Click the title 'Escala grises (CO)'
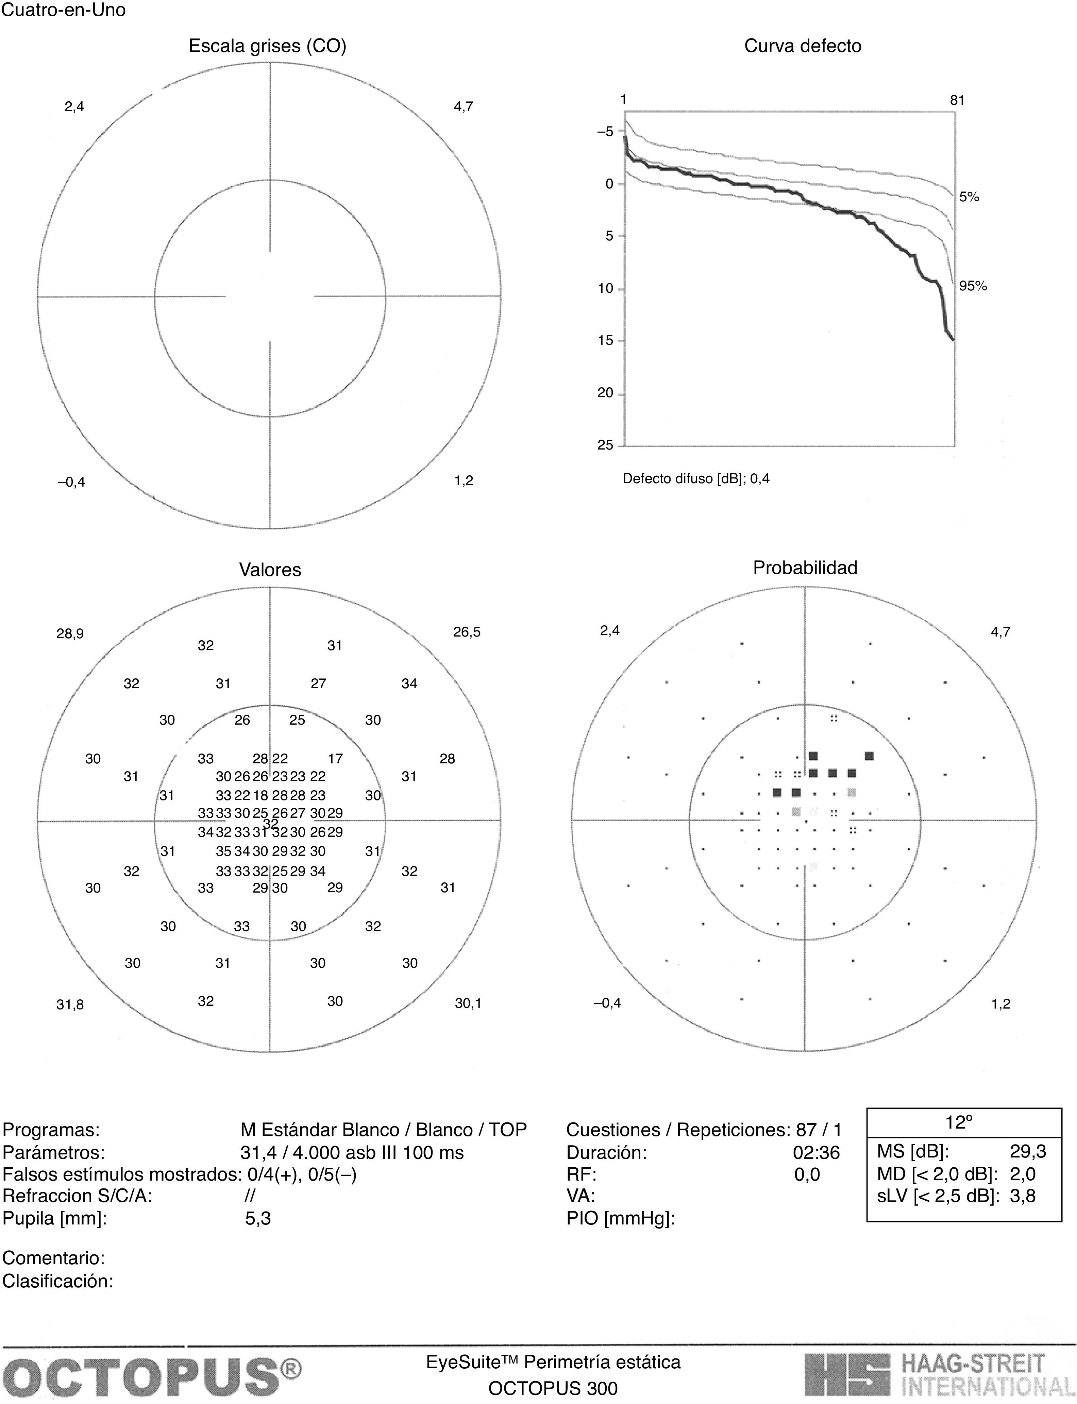(x=267, y=46)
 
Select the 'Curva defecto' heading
(x=803, y=46)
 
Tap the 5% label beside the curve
(x=969, y=198)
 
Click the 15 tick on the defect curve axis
(x=605, y=340)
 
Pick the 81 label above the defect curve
(x=957, y=100)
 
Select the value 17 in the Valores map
(x=335, y=758)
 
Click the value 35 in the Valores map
(x=223, y=851)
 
